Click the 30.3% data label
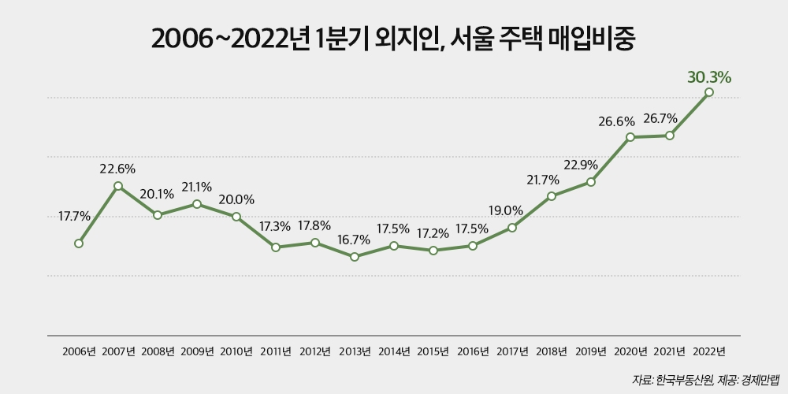(709, 77)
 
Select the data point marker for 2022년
(709, 92)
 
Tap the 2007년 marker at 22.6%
(118, 186)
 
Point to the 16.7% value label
(355, 240)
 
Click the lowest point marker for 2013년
(355, 257)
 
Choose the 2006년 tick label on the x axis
(79, 351)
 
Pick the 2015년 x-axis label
(433, 351)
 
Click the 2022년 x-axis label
(709, 351)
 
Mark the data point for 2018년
(552, 195)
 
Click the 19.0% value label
(504, 210)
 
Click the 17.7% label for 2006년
(75, 215)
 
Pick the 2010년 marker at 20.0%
(236, 216)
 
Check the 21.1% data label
(197, 187)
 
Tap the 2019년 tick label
(591, 351)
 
